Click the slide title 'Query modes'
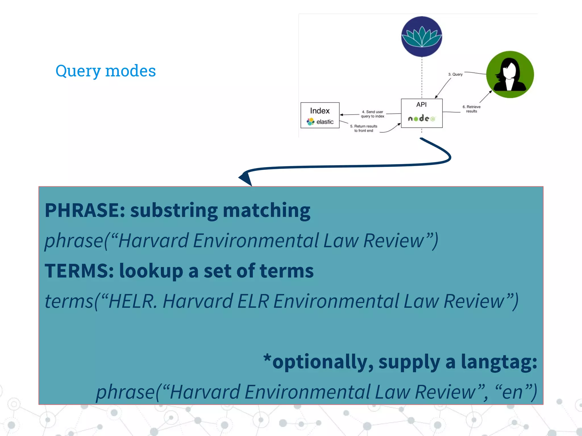click(105, 71)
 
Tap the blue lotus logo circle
click(421, 37)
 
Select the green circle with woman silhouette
click(510, 74)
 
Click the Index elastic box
click(320, 115)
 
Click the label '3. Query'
click(455, 74)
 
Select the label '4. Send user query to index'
click(372, 114)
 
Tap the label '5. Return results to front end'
click(363, 128)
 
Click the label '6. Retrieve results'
click(471, 109)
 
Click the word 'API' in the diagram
click(421, 104)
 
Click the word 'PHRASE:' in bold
click(85, 210)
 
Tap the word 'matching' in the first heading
click(266, 210)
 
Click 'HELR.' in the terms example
click(132, 301)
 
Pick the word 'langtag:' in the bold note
click(499, 362)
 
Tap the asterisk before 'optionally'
click(267, 358)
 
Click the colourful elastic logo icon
click(310, 122)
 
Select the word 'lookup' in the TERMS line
click(151, 271)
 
